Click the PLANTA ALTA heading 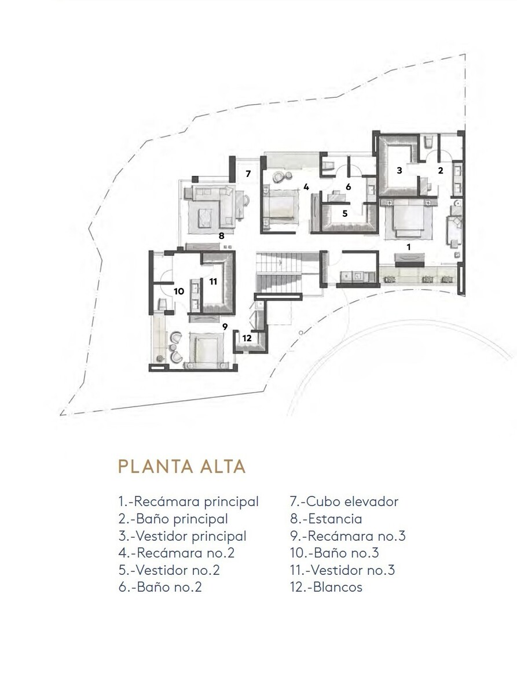pyautogui.click(x=182, y=467)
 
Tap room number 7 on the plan pyautogui.click(x=248, y=173)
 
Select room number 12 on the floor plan pyautogui.click(x=247, y=338)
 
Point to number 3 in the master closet pyautogui.click(x=399, y=171)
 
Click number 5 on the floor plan pyautogui.click(x=345, y=213)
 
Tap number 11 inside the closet pyautogui.click(x=213, y=282)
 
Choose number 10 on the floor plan pyautogui.click(x=178, y=291)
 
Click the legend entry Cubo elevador pyautogui.click(x=344, y=501)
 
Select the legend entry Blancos pyautogui.click(x=326, y=586)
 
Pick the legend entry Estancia pyautogui.click(x=326, y=519)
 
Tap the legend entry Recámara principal pyautogui.click(x=188, y=501)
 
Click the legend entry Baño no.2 pyautogui.click(x=160, y=586)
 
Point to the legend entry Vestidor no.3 pyautogui.click(x=342, y=570)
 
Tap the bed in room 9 pyautogui.click(x=205, y=351)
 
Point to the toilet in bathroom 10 pyautogui.click(x=163, y=304)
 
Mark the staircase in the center pyautogui.click(x=279, y=272)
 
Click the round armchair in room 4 pyautogui.click(x=278, y=178)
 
